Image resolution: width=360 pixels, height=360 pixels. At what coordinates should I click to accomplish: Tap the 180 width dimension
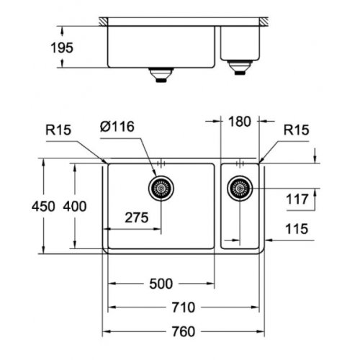click(x=240, y=122)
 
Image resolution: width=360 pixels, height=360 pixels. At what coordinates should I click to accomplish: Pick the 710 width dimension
click(x=184, y=307)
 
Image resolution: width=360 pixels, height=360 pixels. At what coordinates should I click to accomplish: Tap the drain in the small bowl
click(x=238, y=190)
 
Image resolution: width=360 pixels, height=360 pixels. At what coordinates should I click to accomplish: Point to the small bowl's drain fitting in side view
click(x=238, y=68)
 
